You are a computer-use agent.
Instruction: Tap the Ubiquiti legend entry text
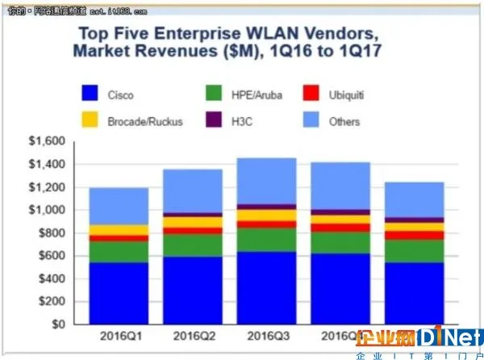(344, 95)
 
